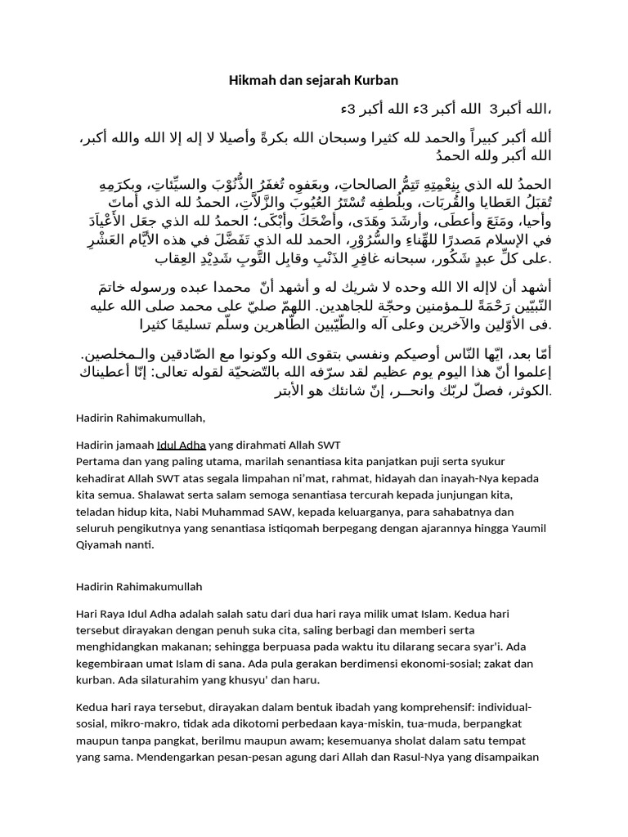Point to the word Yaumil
click(x=526, y=528)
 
